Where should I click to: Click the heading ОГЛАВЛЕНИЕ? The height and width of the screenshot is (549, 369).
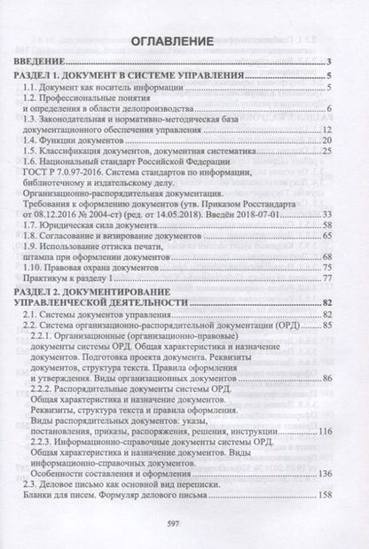click(184, 41)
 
